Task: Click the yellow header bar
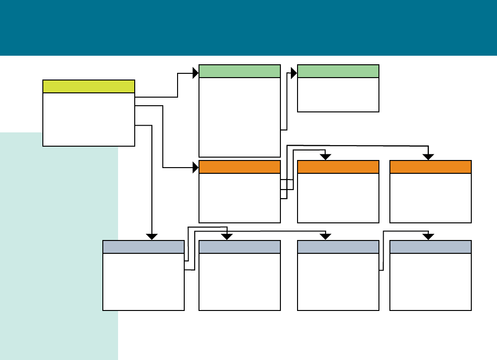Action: coord(89,86)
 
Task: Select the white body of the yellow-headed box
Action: coord(89,119)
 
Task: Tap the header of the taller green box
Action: coord(239,71)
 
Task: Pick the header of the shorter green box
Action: coord(338,71)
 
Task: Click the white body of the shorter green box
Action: coord(338,94)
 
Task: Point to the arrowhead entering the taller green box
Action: coord(195,73)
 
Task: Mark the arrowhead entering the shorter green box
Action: coord(294,73)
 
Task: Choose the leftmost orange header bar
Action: coord(239,167)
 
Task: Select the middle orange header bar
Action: coord(338,167)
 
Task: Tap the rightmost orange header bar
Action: coord(430,167)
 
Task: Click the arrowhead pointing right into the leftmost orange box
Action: coord(195,168)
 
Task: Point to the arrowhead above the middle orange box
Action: coord(325,157)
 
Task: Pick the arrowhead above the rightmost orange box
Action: coord(428,157)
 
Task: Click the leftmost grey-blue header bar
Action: coord(143,247)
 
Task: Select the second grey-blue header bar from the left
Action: coord(239,247)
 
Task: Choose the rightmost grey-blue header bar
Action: coord(430,247)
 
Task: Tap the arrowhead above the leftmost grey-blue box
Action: coord(151,236)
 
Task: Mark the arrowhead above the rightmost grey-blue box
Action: coord(428,236)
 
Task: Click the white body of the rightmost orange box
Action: coord(430,198)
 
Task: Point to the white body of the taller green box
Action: coord(239,117)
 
